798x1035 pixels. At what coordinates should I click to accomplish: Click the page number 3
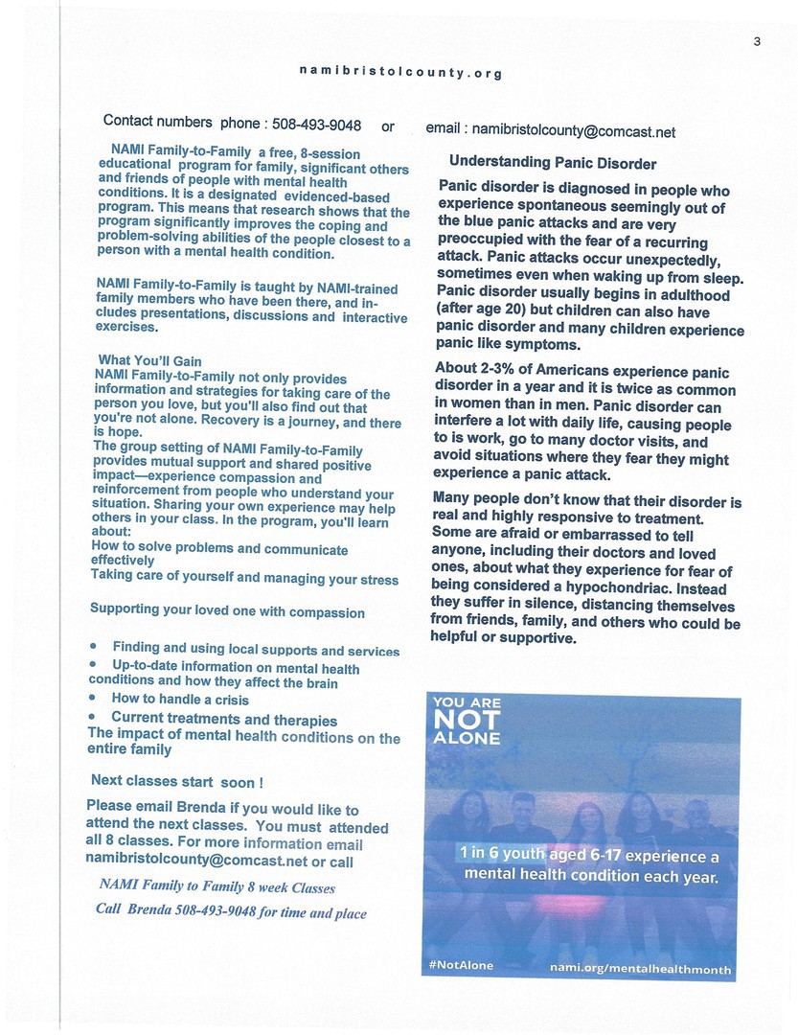tap(756, 39)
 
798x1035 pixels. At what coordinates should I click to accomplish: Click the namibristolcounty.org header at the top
tap(400, 72)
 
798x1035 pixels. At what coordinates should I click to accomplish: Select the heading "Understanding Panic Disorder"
tap(553, 163)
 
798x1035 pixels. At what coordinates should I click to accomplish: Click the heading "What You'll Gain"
tap(150, 361)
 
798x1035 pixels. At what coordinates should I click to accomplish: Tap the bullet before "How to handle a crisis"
tap(93, 700)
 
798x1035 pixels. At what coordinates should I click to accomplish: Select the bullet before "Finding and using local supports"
tap(94, 648)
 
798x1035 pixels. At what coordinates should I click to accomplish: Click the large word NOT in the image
tap(467, 720)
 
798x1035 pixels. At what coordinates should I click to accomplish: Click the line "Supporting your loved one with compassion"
tap(227, 611)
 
